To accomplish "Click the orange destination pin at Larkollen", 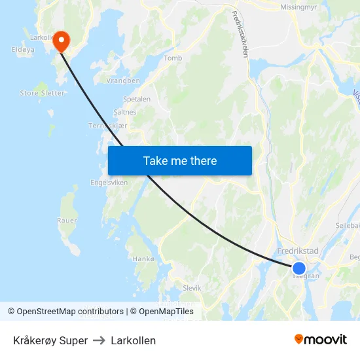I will click(x=61, y=41).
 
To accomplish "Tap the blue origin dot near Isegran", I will click(x=298, y=268).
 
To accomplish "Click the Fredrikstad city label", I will click(x=298, y=251).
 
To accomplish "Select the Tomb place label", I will click(x=173, y=58).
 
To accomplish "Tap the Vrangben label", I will click(x=123, y=81).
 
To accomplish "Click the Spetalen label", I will click(x=137, y=99).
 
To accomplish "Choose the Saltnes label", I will click(x=125, y=112).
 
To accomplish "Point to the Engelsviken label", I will click(x=109, y=183).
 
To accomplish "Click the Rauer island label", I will click(x=67, y=221).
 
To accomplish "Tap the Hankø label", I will click(x=143, y=259).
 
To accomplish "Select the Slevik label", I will click(x=192, y=287).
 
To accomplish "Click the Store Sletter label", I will click(x=43, y=93).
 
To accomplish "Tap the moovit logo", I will click(x=321, y=340).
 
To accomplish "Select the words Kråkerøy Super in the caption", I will click(x=50, y=340).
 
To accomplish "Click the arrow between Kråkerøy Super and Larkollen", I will click(x=99, y=340).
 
